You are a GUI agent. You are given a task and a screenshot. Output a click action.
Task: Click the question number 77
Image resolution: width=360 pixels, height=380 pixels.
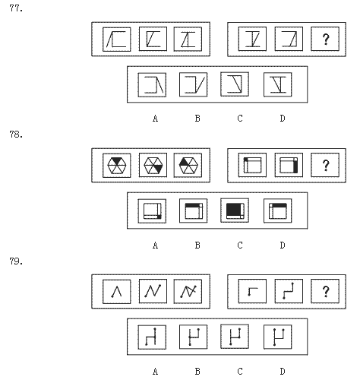(16, 8)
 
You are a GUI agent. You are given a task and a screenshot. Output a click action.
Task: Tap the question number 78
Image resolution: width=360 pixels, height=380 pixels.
(16, 135)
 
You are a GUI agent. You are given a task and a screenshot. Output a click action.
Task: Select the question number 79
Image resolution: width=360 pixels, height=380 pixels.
(16, 261)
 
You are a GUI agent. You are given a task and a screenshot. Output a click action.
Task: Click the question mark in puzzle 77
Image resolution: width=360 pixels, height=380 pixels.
(326, 40)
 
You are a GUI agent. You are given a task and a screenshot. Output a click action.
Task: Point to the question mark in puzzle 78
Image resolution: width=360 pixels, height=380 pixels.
(326, 166)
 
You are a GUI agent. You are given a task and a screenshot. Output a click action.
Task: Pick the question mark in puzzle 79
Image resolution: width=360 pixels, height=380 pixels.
(326, 292)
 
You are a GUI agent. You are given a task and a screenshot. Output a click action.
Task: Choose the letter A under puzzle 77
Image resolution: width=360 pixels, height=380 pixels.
(155, 119)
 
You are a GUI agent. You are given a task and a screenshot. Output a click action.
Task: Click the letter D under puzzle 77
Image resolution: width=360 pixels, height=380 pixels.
(283, 119)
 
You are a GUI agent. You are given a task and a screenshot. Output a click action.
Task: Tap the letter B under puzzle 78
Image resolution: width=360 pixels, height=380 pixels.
(197, 245)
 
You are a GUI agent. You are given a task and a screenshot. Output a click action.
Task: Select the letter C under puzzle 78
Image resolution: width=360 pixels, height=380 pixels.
(240, 245)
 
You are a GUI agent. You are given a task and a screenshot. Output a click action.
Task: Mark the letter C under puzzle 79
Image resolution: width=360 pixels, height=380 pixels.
(240, 372)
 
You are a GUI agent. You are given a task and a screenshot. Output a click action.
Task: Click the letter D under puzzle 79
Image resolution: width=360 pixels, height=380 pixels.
(283, 372)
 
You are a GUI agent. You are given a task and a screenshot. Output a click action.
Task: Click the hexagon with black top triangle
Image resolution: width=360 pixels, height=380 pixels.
(117, 165)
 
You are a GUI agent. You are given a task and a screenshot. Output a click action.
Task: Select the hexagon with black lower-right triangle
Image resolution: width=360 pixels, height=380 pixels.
(153, 165)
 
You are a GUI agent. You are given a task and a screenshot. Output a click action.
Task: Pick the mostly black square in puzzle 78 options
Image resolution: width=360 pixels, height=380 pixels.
(235, 211)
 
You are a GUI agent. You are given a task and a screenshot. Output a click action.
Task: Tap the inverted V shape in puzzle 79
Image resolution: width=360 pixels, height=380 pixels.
(117, 291)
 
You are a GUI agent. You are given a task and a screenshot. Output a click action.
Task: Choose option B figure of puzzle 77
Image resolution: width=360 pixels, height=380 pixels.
(195, 85)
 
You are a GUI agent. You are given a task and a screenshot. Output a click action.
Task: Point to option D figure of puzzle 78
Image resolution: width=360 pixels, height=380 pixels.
(278, 211)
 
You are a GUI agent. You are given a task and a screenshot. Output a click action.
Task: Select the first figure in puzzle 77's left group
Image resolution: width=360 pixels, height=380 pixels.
(116, 40)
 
